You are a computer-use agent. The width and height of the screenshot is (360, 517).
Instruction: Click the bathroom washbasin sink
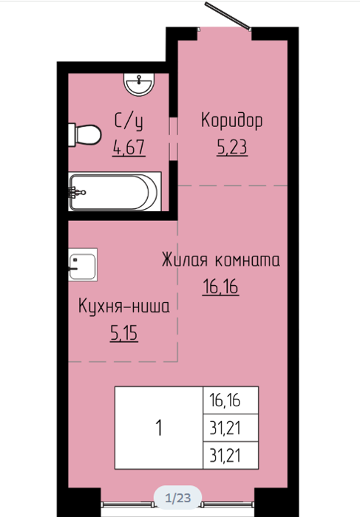tap(139, 84)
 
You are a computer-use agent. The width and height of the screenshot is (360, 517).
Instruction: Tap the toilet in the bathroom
tap(84, 135)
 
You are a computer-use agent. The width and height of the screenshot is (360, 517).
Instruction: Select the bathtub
tap(115, 191)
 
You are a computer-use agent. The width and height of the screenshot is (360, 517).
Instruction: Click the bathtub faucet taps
tap(77, 192)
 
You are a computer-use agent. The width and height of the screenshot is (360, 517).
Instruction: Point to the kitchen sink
tap(83, 264)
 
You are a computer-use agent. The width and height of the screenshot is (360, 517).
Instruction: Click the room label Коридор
tap(231, 120)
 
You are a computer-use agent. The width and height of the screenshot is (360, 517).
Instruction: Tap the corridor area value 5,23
tap(232, 147)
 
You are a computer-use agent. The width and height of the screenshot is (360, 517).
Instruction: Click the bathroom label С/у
tap(129, 121)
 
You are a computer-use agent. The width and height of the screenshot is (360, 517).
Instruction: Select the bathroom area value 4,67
tap(129, 148)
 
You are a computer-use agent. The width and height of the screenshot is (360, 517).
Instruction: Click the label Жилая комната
tap(221, 259)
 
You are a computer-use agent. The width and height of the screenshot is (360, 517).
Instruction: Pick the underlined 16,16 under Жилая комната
tap(220, 287)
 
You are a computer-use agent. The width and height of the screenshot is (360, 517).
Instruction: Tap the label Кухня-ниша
tap(124, 306)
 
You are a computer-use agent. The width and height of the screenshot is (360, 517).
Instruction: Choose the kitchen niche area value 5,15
tap(124, 333)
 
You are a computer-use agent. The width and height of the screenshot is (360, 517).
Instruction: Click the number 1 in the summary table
tap(159, 428)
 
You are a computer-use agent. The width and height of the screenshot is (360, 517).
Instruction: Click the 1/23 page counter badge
tap(178, 498)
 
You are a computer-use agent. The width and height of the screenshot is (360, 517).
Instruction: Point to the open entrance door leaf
tap(228, 16)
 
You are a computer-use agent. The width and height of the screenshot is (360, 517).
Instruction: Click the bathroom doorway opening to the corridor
tap(173, 139)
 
